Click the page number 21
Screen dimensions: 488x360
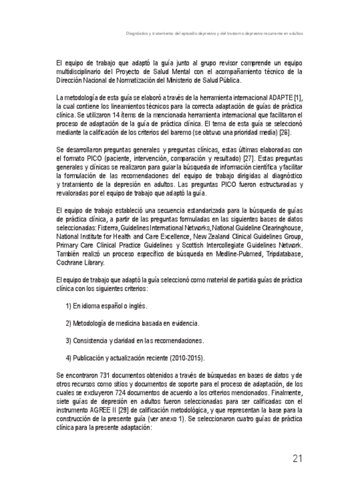coord(297,458)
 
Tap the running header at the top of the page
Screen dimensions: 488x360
coord(214,33)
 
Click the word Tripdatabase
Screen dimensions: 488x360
coord(272,253)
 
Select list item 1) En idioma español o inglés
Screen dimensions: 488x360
coord(106,305)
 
